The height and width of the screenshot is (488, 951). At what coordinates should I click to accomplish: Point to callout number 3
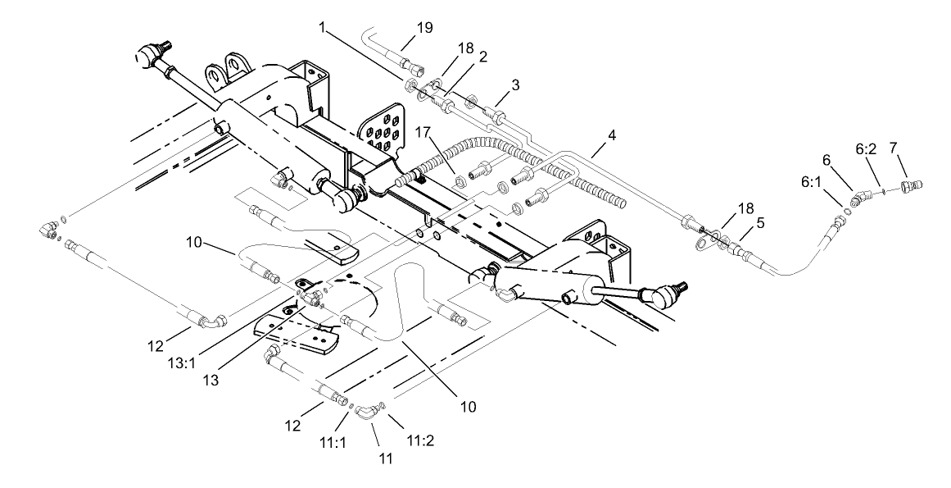[515, 85]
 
